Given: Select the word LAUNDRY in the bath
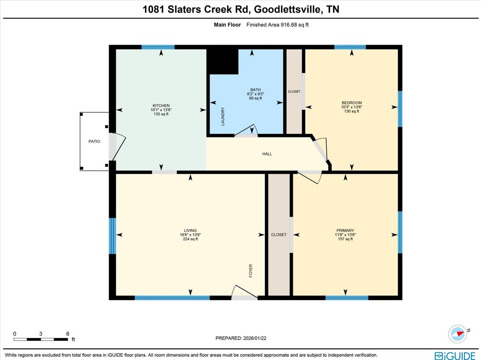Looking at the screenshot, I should pyautogui.click(x=223, y=117).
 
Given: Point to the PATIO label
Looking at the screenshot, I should pyautogui.click(x=94, y=141).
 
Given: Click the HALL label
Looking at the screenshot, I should pyautogui.click(x=267, y=154).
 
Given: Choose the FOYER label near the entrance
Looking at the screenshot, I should pyautogui.click(x=251, y=271).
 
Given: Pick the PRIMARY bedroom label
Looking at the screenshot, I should pyautogui.click(x=345, y=230).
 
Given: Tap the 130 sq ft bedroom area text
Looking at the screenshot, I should pyautogui.click(x=351, y=111).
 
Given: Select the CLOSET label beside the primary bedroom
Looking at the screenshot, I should pyautogui.click(x=279, y=235).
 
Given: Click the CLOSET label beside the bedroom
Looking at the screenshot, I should pyautogui.click(x=294, y=92).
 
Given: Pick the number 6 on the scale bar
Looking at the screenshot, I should pyautogui.click(x=68, y=334).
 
